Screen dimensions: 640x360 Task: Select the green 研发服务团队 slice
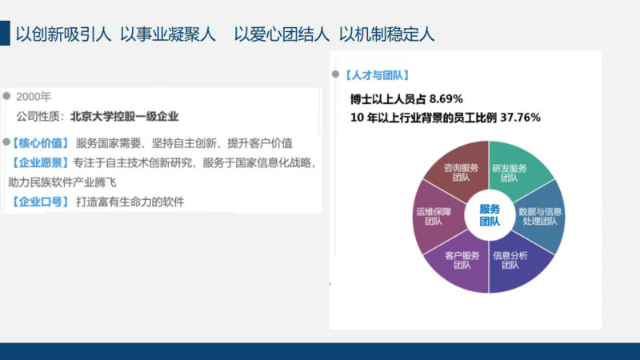(x=518, y=171)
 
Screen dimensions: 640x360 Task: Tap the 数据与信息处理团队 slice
(x=539, y=217)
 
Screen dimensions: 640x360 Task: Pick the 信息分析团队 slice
(x=518, y=262)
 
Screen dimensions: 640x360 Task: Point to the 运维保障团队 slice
(x=437, y=217)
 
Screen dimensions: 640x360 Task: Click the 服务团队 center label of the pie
(x=490, y=215)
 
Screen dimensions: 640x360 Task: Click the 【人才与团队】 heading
(x=376, y=75)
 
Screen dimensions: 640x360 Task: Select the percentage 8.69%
(x=446, y=98)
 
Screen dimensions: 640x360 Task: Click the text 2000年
(x=34, y=97)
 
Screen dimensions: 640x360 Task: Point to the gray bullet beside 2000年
(x=6, y=96)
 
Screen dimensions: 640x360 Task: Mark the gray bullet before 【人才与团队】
(x=335, y=74)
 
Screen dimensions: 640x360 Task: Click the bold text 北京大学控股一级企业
(x=125, y=117)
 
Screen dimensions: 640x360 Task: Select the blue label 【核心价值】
(x=39, y=143)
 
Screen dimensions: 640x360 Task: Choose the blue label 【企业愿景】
(x=39, y=163)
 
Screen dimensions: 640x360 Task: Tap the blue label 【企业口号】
(x=39, y=202)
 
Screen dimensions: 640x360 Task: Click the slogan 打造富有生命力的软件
(x=130, y=202)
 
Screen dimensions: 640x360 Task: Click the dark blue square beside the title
(x=5, y=33)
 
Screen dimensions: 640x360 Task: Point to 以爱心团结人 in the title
(x=282, y=34)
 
